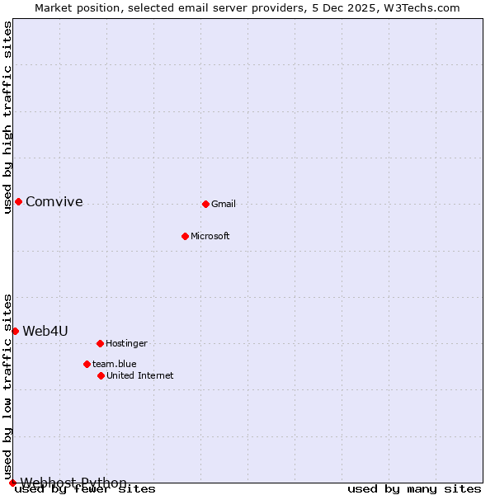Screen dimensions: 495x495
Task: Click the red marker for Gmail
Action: click(205, 204)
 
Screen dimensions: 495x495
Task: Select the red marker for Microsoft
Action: click(185, 236)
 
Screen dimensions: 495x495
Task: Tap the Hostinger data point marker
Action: click(100, 343)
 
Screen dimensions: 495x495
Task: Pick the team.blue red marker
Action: click(87, 364)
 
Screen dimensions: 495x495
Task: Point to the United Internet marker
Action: click(101, 375)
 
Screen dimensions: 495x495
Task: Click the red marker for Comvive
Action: click(18, 201)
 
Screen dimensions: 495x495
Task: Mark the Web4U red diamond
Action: click(15, 331)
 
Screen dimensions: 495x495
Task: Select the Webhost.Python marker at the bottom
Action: click(12, 483)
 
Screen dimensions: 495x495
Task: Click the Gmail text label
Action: click(224, 204)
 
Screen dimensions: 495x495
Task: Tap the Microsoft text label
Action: click(210, 236)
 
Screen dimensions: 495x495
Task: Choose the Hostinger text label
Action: click(126, 343)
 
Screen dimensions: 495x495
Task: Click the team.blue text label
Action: click(115, 364)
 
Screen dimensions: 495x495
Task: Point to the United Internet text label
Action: click(140, 375)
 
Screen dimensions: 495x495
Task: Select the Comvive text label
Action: click(54, 201)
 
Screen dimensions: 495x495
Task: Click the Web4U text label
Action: click(45, 331)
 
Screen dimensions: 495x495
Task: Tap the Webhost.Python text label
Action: click(73, 483)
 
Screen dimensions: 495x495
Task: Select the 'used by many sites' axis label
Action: click(414, 489)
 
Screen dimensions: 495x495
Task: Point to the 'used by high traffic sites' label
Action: click(8, 117)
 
